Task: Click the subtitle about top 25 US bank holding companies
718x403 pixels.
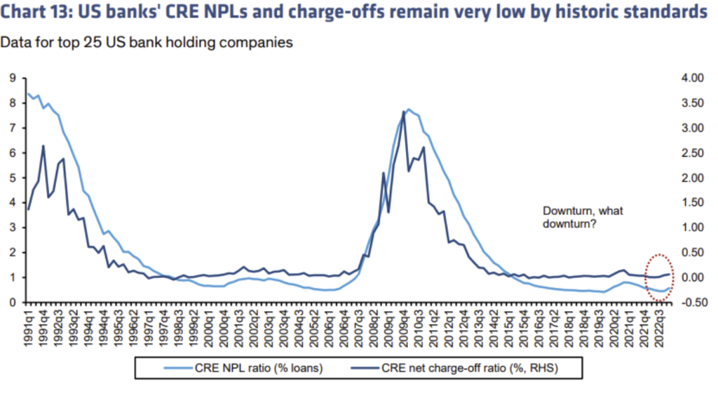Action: [146, 42]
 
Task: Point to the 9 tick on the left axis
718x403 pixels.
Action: [12, 79]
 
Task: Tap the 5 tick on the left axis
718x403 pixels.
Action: [12, 178]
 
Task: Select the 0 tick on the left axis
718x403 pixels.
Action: [12, 303]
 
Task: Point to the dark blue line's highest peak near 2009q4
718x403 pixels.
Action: [403, 111]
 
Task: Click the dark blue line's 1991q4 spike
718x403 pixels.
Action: [43, 146]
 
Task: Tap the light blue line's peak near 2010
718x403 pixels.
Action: [409, 110]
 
